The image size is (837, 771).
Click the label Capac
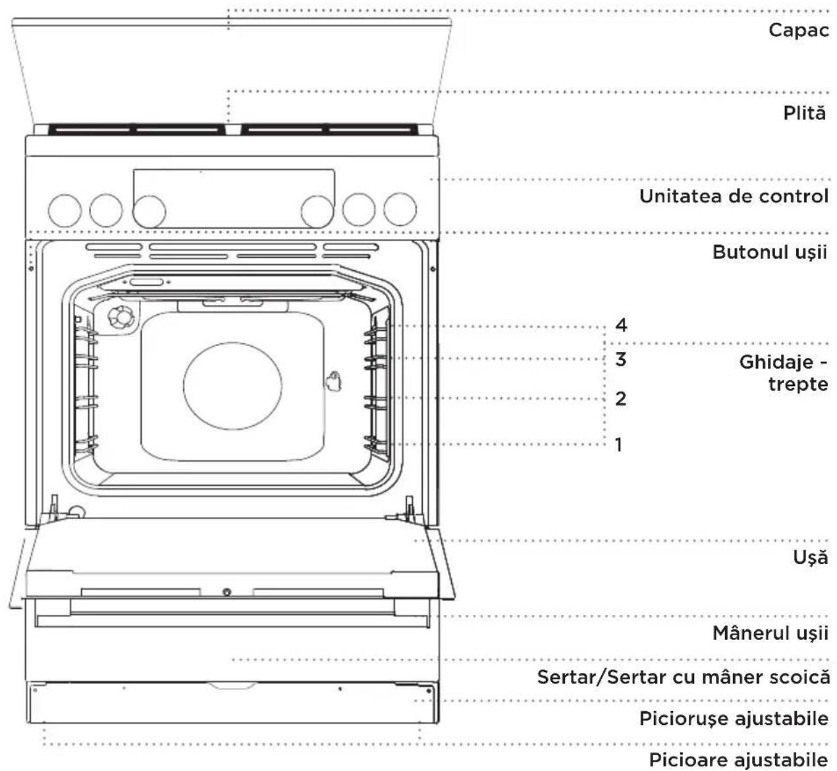[799, 30]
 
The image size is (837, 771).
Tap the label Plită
[805, 113]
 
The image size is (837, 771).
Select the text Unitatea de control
[734, 196]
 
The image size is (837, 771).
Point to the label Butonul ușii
[769, 252]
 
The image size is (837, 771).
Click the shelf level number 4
[621, 325]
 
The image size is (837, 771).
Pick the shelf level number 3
[621, 359]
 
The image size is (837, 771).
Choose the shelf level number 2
[621, 399]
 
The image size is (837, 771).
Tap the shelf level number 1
[619, 444]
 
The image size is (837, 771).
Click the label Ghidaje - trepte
[783, 373]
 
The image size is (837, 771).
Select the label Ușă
[810, 557]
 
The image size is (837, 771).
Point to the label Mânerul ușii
[770, 633]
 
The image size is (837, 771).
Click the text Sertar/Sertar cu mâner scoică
[683, 677]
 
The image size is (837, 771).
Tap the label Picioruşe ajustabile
[734, 719]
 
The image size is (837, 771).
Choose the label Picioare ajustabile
[738, 760]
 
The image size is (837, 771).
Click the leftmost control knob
[65, 210]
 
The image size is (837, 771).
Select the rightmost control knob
[400, 210]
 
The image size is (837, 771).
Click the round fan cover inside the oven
[232, 386]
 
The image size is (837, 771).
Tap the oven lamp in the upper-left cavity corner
[121, 318]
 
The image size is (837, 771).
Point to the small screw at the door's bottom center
[227, 592]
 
